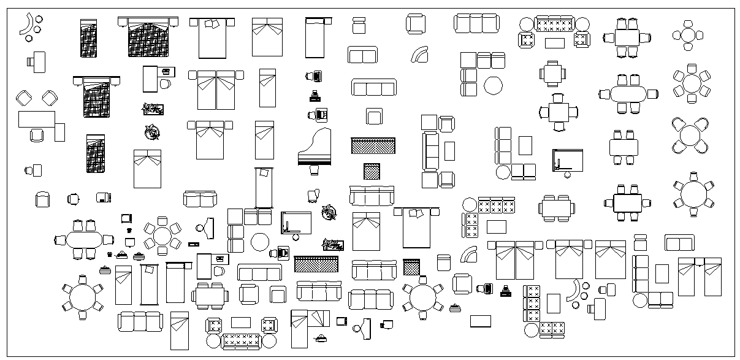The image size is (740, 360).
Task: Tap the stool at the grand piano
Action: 315,169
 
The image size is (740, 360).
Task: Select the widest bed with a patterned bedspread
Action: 148,39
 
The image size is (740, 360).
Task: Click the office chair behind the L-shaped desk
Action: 37,135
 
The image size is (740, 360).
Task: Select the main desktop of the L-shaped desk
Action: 37,118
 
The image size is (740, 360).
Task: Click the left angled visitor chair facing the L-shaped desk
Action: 24,98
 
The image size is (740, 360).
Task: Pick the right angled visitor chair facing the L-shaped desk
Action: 50,98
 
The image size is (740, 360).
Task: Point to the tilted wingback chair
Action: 313,195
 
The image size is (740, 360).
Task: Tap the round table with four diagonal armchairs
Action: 690,136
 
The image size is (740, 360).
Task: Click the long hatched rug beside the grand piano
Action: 373,146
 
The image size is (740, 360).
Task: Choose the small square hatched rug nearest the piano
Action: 372,170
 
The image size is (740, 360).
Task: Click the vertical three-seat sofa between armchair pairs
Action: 430,151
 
